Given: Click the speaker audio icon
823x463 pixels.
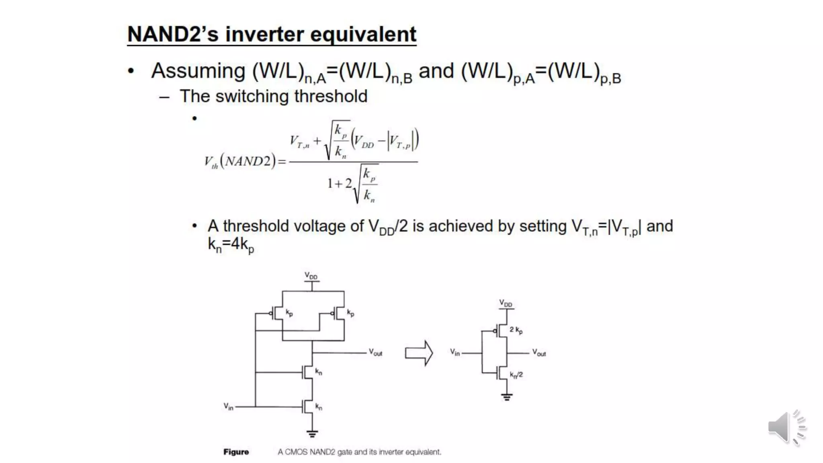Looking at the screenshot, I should pos(786,428).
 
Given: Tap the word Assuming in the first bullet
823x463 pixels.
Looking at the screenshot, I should pos(198,71).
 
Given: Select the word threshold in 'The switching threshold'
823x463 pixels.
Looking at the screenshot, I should pos(330,96).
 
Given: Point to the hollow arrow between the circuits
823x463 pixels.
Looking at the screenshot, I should pos(419,353).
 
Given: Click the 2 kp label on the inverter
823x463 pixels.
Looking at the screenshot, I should pos(516,330).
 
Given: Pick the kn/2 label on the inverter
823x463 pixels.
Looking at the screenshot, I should pos(516,375).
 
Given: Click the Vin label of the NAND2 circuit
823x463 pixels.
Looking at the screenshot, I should pos(228,407).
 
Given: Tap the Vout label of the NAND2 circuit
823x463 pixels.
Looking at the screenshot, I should pos(376,352).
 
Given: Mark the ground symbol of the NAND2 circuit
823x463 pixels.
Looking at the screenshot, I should pos(312,434).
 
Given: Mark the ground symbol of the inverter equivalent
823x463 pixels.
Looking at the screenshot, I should pos(507,397).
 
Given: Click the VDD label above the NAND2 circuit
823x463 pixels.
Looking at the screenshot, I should pos(311,276).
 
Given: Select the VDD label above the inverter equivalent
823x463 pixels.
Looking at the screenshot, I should pos(506,303).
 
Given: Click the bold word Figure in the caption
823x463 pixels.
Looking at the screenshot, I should pos(236,452).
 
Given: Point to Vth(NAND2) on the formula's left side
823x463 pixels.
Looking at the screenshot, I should pos(240,162).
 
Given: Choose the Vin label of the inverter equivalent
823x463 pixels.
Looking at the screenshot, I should pos(454,352).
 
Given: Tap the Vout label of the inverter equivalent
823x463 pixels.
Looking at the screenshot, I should pos(539,353).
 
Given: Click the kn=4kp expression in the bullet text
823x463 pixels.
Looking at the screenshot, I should pos(231,244).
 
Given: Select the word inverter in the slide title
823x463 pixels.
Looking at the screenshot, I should pos(264,34).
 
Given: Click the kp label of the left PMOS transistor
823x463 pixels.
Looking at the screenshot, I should pos(289,313).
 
